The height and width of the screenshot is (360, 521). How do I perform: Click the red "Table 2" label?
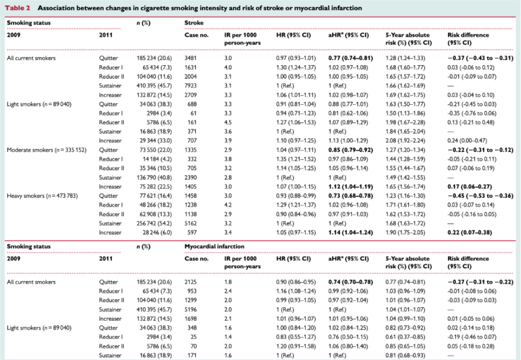pos(17,8)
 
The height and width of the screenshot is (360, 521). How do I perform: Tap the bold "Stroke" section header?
pos(194,23)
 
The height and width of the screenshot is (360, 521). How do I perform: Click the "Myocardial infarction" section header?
pos(214,246)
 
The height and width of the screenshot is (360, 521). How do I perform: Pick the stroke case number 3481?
pos(190,58)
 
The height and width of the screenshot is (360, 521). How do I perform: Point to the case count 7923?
pos(190,86)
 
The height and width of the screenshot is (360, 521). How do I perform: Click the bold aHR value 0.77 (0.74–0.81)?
pos(351,58)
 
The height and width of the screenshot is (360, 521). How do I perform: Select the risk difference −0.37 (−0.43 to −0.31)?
pos(480,58)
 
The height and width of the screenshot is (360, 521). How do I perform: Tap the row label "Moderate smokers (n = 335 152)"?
pos(46,150)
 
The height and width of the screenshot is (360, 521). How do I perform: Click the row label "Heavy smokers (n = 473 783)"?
pos(42,196)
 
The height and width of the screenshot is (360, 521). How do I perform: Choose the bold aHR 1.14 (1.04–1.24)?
pos(351,233)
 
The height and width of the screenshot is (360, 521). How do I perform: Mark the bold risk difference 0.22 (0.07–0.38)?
pos(469,233)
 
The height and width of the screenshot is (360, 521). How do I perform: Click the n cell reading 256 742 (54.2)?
pos(154,224)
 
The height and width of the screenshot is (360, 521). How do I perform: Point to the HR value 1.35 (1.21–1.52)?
pos(296,159)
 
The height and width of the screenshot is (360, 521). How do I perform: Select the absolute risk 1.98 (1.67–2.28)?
pos(405,122)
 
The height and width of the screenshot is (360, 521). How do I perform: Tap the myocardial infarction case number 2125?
pos(190,282)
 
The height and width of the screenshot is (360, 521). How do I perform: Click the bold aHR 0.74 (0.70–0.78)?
pos(351,282)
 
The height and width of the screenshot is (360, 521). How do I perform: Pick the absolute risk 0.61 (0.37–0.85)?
pos(405,337)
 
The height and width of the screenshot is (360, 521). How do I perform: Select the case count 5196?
pos(190,309)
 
